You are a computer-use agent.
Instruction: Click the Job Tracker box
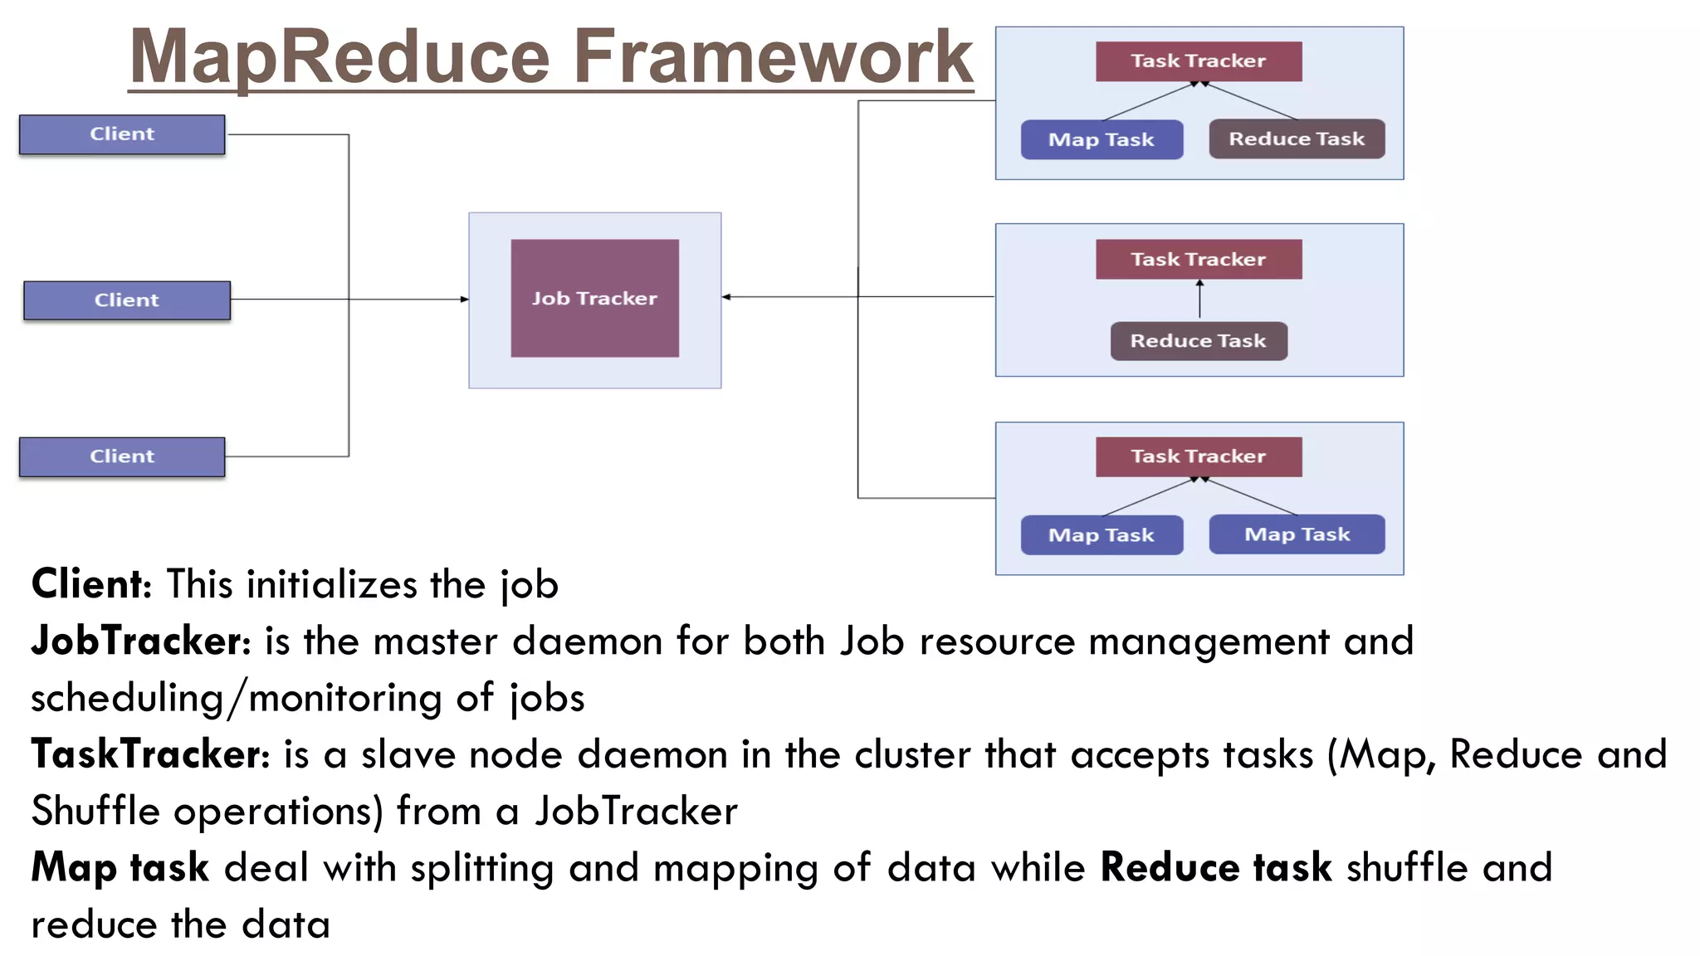pos(594,298)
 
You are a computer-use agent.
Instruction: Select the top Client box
pos(122,134)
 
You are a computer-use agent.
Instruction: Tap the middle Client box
pos(127,300)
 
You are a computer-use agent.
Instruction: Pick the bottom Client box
pos(122,456)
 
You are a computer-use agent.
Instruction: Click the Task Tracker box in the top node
pos(1198,61)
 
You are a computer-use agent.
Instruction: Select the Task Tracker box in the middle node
pos(1198,259)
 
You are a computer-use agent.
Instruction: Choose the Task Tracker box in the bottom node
pos(1198,456)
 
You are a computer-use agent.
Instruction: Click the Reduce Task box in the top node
pos(1296,139)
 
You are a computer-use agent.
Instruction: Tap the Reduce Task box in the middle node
pos(1198,341)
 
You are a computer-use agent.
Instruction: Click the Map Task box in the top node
pos(1101,139)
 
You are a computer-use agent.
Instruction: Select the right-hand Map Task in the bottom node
pos(1296,534)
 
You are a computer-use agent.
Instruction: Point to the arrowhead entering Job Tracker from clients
pos(464,300)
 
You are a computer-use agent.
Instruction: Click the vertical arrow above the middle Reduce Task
pos(1199,299)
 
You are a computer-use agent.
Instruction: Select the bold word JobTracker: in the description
pos(140,641)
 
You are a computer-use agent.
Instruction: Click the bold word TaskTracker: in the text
pos(150,754)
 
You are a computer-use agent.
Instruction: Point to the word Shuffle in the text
pos(95,811)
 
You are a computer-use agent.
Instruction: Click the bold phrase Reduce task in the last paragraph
pos(1215,868)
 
